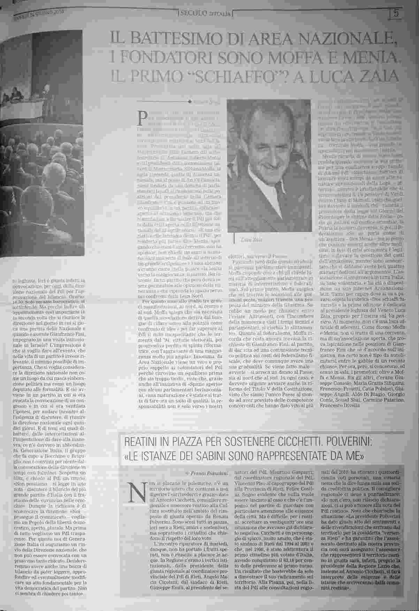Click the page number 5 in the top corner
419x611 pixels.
(396, 14)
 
